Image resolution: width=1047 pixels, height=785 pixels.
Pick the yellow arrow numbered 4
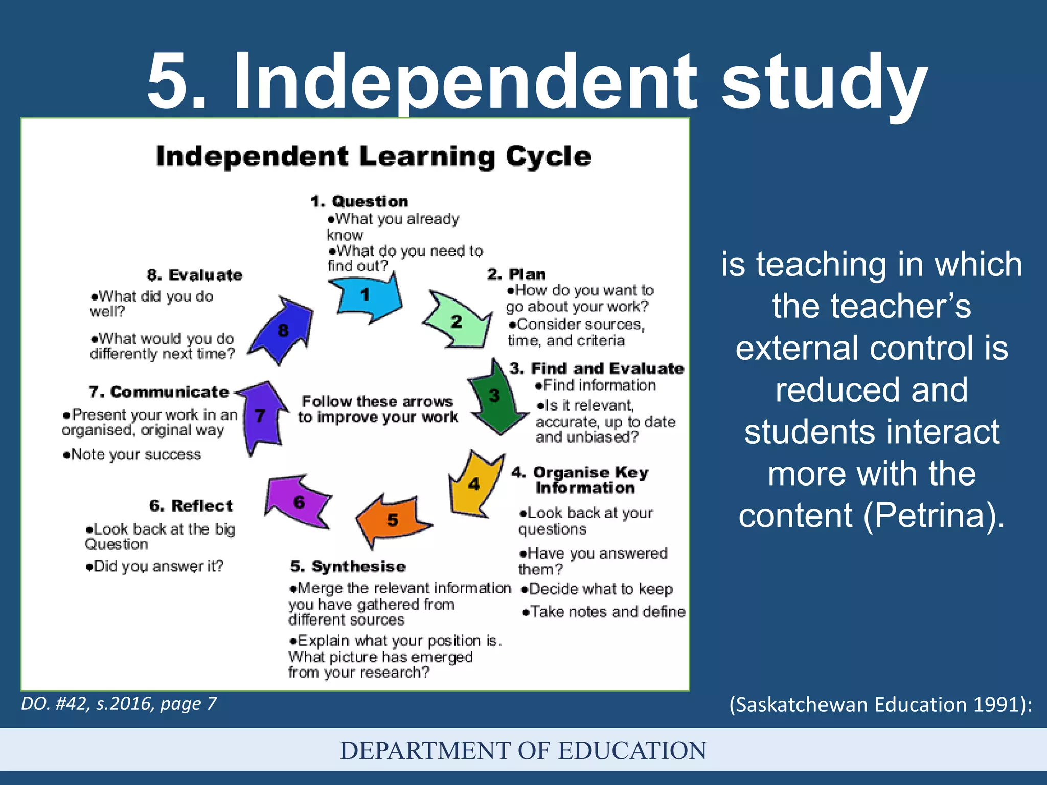(x=473, y=483)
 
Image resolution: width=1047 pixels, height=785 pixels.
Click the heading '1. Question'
(x=359, y=201)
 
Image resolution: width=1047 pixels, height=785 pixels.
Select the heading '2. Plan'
(x=516, y=274)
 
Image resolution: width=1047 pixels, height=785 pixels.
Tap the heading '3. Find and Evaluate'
(x=597, y=368)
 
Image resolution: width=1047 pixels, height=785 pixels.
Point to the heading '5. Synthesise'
(x=348, y=566)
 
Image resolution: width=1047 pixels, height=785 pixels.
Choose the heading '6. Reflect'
(x=191, y=506)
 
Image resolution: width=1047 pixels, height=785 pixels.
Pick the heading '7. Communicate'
(x=158, y=392)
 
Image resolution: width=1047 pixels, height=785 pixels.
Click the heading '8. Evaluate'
(x=195, y=275)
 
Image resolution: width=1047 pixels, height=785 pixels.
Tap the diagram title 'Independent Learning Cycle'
(x=374, y=156)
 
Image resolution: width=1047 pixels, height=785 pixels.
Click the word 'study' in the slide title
(x=824, y=82)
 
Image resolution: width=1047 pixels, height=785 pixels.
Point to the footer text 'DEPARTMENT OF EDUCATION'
(x=523, y=750)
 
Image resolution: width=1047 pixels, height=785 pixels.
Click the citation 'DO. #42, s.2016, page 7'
(x=119, y=704)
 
